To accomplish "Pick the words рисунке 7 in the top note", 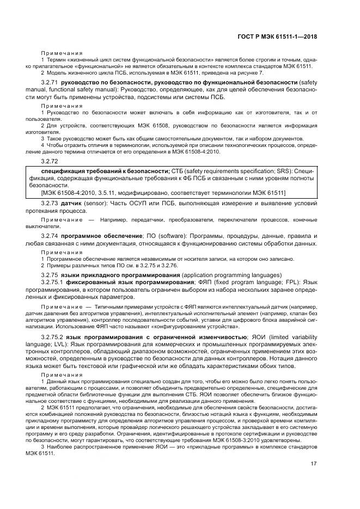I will click(250, 72).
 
